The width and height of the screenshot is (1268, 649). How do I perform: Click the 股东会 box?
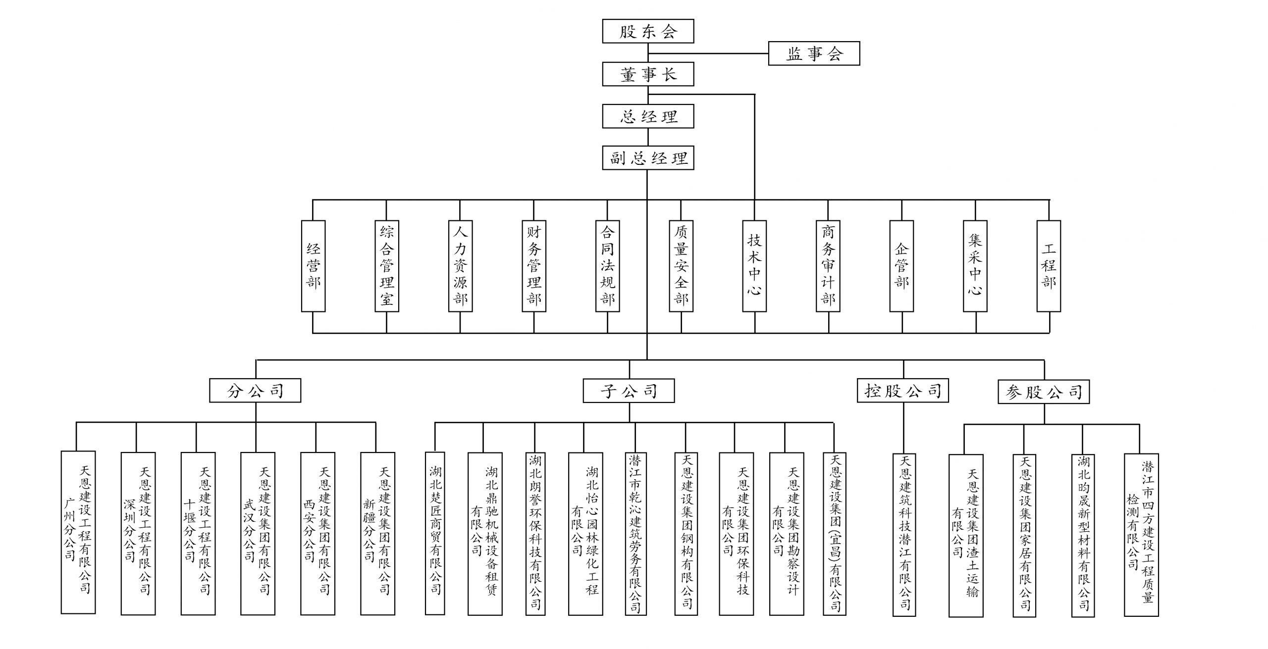(x=648, y=31)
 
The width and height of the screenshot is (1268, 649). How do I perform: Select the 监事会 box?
(x=814, y=53)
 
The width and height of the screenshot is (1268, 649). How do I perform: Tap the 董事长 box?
(x=648, y=74)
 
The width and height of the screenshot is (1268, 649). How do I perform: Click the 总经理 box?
(x=648, y=116)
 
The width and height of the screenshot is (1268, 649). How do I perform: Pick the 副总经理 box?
(x=648, y=158)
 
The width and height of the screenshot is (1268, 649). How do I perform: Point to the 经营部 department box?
(x=313, y=266)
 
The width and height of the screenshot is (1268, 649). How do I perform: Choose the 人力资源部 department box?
(x=460, y=266)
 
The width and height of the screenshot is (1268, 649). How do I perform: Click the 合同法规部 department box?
(x=607, y=266)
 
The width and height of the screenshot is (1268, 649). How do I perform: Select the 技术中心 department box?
(x=754, y=266)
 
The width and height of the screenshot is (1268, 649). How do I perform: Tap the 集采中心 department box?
(x=975, y=266)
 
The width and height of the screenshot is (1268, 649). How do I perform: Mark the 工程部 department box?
(x=1049, y=266)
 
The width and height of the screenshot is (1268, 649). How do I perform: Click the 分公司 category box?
(x=255, y=391)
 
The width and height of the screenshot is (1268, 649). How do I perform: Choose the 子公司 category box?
(x=629, y=391)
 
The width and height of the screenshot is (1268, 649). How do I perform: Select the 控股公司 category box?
(x=903, y=391)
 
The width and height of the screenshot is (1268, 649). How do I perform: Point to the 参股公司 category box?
(x=1044, y=392)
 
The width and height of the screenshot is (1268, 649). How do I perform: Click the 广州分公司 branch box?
(x=78, y=533)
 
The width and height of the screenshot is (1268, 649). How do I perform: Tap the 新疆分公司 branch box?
(x=377, y=533)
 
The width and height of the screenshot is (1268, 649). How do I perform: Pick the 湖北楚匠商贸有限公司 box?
(x=435, y=533)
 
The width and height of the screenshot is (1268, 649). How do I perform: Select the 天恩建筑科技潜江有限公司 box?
(x=904, y=535)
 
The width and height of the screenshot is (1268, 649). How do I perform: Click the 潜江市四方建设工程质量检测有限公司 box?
(x=1141, y=535)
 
